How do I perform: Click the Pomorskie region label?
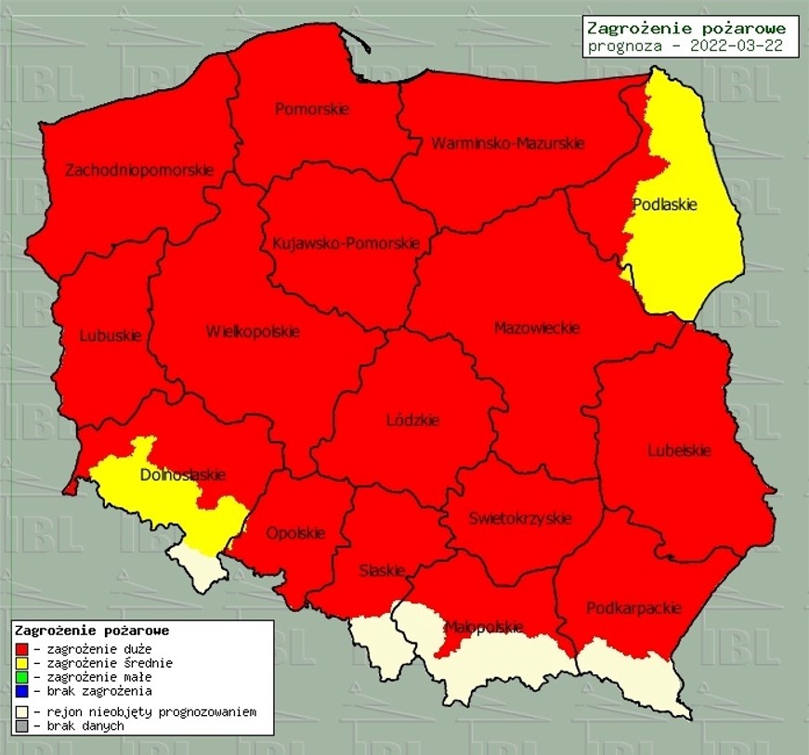point(312,109)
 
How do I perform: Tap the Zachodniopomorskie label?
point(139,170)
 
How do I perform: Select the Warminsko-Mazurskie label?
point(507,144)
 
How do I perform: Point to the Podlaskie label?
point(664,204)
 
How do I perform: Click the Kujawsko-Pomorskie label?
point(346,244)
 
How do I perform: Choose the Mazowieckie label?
point(537,328)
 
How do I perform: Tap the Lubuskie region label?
point(111,335)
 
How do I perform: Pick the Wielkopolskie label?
point(253,332)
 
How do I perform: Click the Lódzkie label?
point(412,421)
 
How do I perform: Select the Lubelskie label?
point(679,450)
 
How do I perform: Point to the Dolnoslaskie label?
point(182,475)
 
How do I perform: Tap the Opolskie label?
point(295,533)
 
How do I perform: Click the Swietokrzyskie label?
point(519,518)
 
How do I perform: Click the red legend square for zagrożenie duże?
point(21,649)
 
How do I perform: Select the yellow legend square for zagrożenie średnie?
point(21,663)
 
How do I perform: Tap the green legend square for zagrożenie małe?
point(21,677)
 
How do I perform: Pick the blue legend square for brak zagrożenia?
point(21,691)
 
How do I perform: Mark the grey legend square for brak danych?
point(21,726)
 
